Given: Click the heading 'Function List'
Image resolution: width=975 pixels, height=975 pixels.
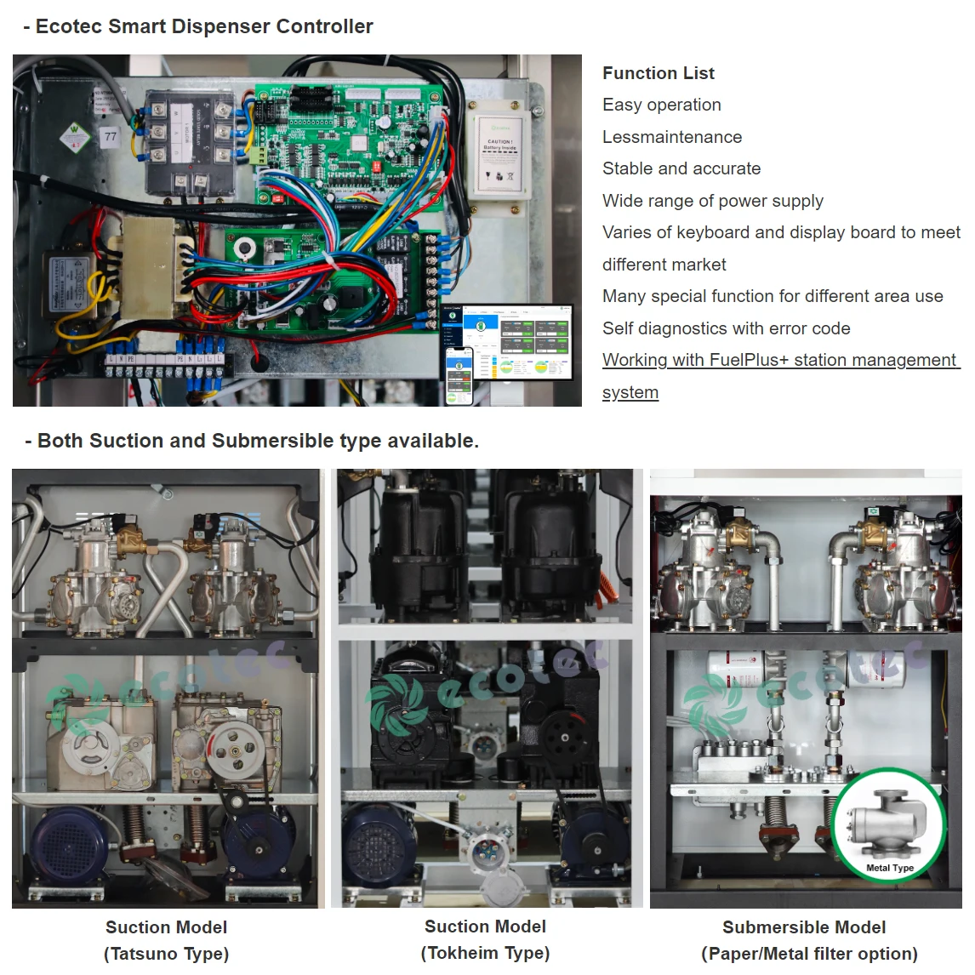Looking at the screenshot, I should click(658, 73).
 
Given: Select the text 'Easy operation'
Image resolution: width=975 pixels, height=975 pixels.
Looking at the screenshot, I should click(661, 105).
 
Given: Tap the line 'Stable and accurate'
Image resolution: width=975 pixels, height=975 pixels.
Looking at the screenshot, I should click(681, 168).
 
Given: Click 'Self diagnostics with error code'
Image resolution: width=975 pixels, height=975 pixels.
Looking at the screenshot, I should click(726, 328).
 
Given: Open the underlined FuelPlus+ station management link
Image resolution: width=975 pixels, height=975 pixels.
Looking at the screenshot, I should click(779, 361).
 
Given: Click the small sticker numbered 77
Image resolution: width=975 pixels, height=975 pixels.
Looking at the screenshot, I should click(111, 136).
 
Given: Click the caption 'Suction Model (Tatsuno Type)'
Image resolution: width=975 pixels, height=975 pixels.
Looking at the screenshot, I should click(167, 940).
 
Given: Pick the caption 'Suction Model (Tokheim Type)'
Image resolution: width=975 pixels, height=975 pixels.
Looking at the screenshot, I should click(485, 939).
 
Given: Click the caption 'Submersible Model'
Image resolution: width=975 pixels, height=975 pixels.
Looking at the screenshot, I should click(804, 927).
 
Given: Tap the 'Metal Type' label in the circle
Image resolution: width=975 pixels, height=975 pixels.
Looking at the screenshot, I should click(889, 868).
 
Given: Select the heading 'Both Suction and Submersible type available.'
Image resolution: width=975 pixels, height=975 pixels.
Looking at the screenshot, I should click(258, 441).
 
